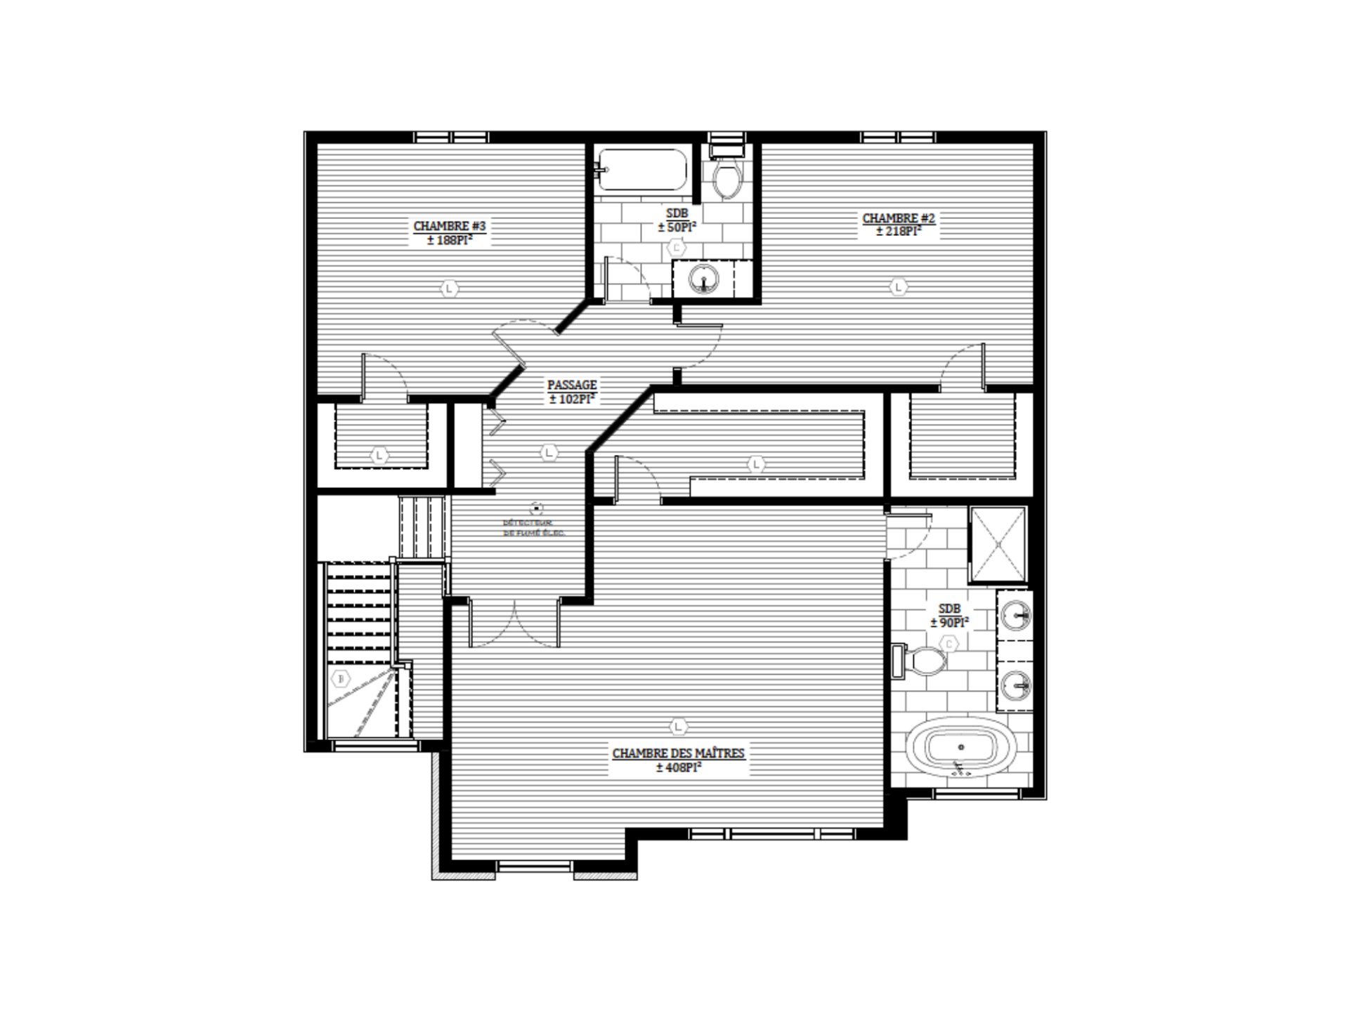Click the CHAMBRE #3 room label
tap(450, 226)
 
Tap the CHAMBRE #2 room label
tap(899, 218)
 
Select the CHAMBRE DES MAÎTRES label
tap(678, 753)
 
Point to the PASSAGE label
tap(572, 385)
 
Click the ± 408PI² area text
tap(678, 768)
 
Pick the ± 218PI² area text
tap(899, 231)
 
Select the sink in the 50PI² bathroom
tap(703, 279)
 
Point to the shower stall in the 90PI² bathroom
tap(998, 544)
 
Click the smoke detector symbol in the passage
tap(537, 506)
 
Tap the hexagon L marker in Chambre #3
tap(450, 288)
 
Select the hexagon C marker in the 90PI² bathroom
tap(949, 644)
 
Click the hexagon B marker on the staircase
tap(342, 679)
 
